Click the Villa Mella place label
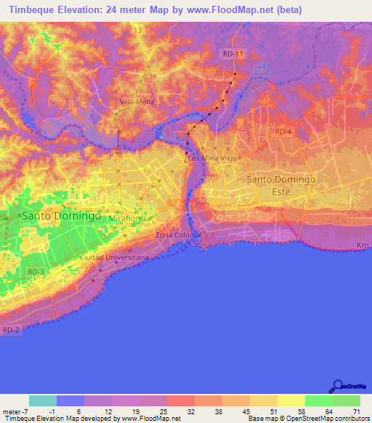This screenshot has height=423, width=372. pos(137,102)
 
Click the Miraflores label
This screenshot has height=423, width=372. pos(129,218)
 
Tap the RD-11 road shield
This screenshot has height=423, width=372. pos(234,54)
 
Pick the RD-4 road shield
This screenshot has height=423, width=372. pos(283,131)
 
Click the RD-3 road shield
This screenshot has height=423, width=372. pos(36,272)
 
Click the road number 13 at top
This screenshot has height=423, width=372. pos(137,30)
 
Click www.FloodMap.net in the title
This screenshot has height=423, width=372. pos(230,10)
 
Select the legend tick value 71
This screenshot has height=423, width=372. pos(355,411)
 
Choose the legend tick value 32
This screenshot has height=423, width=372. pos(190,411)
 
